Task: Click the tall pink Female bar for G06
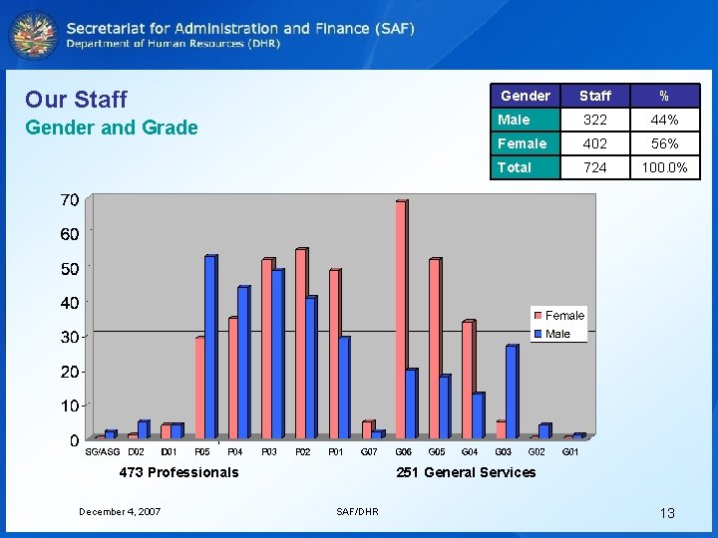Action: click(x=401, y=319)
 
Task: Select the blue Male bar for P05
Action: click(x=209, y=347)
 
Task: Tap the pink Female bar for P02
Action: click(x=301, y=343)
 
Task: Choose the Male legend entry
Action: click(x=557, y=334)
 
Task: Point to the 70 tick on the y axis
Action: click(x=69, y=200)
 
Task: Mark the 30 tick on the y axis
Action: click(x=69, y=338)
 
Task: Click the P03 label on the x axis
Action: click(x=268, y=452)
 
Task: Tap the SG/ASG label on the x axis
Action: click(x=102, y=452)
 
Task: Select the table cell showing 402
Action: click(x=594, y=143)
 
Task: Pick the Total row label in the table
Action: click(x=515, y=167)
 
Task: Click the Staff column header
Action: click(x=594, y=96)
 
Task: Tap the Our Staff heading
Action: click(x=76, y=99)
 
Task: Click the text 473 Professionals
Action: click(x=179, y=472)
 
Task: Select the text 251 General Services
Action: click(x=466, y=472)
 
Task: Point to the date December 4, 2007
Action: click(x=120, y=511)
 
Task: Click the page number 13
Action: click(x=667, y=513)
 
